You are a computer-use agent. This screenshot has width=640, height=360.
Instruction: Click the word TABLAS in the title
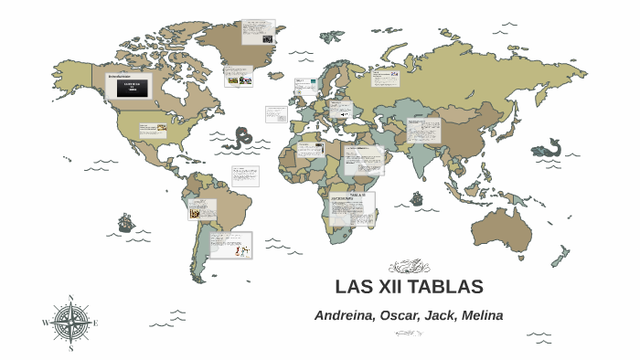[445, 287]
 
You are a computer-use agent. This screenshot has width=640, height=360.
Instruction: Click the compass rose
[71, 323]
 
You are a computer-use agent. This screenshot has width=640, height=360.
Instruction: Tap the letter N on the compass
[71, 298]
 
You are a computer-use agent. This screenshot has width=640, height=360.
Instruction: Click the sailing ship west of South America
[126, 222]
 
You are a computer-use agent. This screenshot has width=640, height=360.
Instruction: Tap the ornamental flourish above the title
[409, 266]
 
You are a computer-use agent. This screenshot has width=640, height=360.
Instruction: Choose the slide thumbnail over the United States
[153, 130]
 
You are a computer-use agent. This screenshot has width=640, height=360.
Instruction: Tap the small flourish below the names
[409, 334]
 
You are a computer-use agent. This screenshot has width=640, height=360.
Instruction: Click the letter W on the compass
[46, 323]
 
